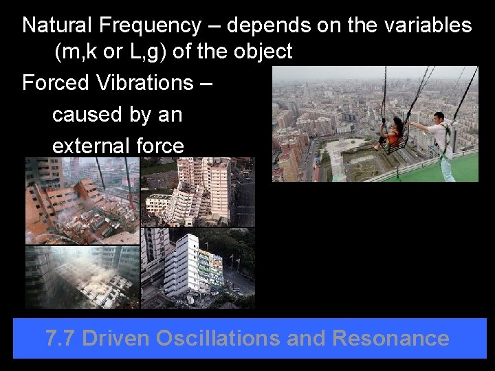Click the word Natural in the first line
coord(58,25)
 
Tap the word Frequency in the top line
coord(151,25)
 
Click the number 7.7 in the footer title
coord(60,338)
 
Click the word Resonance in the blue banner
coord(390,338)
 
